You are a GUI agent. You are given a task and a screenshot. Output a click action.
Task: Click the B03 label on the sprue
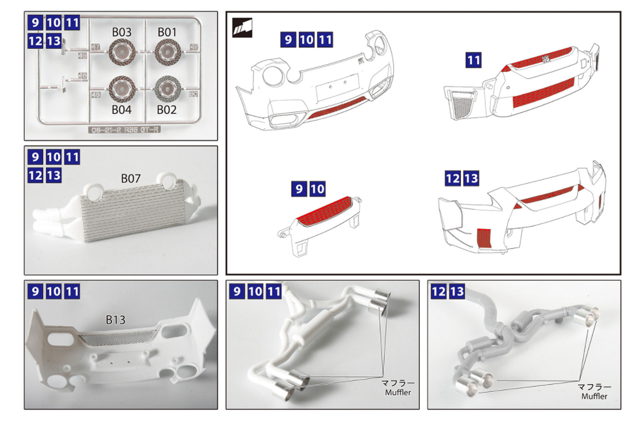click(121, 33)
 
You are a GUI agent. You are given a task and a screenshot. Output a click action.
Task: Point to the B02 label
click(166, 110)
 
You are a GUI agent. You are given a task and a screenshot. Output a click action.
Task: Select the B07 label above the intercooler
click(132, 178)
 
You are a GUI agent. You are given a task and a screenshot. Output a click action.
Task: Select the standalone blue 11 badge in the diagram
click(473, 60)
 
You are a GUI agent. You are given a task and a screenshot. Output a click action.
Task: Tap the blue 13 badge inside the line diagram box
click(471, 179)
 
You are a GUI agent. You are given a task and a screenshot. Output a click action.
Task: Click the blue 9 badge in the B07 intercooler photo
click(35, 157)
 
